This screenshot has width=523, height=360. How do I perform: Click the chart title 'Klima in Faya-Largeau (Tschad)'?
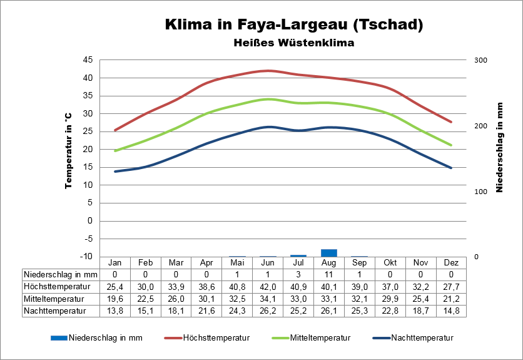(294, 25)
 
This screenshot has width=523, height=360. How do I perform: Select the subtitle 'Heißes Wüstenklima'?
(294, 43)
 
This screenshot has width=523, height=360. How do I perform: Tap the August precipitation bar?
(329, 253)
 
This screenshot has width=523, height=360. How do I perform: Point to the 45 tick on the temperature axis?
(87, 60)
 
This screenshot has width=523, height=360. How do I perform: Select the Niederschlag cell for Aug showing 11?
(329, 274)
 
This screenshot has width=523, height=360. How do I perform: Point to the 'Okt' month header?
(390, 262)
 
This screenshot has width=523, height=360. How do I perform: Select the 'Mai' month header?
(237, 262)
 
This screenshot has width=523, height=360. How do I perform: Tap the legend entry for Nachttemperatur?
(422, 337)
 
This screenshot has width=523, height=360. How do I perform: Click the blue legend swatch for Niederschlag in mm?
(58, 337)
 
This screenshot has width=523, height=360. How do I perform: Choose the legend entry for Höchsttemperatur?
(216, 337)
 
